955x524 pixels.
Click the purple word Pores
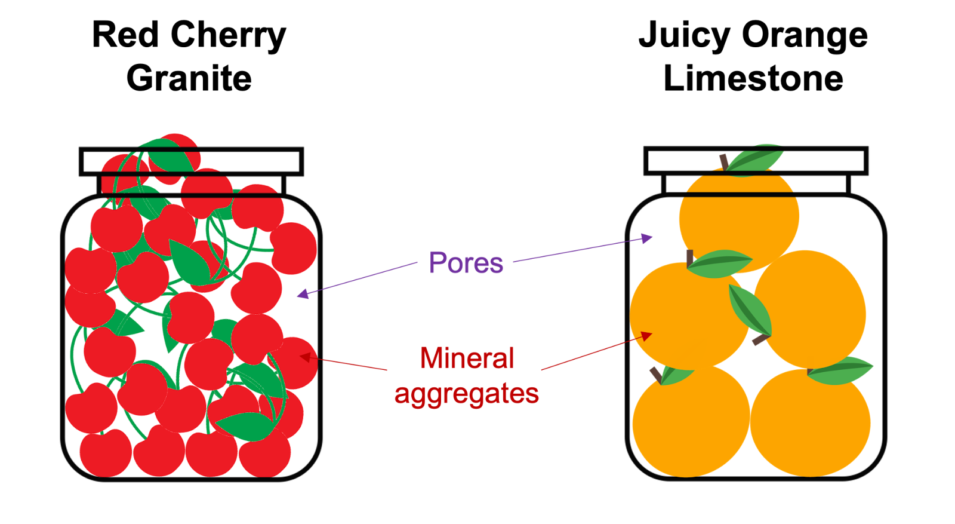pos(466,263)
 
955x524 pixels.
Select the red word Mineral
pos(467,358)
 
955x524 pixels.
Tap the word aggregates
pos(467,394)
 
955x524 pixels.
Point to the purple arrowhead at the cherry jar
pos(302,293)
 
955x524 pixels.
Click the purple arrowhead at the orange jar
pos(648,238)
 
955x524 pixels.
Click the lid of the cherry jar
pos(191,162)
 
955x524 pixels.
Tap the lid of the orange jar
pos(756,161)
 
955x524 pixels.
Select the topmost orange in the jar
pos(739,218)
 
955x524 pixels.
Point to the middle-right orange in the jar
pos(812,308)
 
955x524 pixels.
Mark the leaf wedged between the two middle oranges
pos(751,310)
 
